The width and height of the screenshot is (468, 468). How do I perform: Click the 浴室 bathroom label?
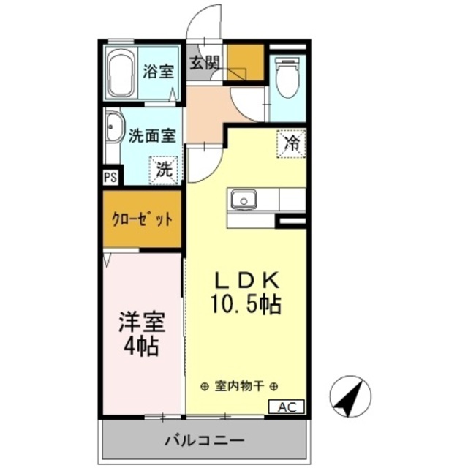158,72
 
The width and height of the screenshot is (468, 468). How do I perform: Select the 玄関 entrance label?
205,64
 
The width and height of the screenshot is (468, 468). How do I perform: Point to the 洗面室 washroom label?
152,136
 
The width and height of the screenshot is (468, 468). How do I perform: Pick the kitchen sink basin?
243,199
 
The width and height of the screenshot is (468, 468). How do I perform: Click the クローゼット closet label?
142,219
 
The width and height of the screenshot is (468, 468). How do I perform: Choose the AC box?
288,407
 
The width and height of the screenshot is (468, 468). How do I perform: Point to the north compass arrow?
350,395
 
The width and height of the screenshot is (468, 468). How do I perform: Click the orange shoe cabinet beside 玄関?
244,61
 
